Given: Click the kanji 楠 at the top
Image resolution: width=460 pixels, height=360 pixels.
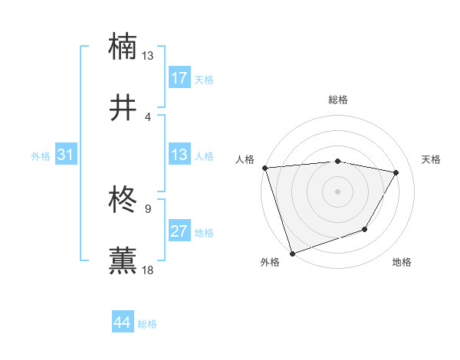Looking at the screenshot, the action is (123, 46).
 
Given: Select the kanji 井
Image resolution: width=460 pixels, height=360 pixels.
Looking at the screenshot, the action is (123, 109).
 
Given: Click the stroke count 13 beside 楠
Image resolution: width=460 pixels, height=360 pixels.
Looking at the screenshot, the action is (148, 56).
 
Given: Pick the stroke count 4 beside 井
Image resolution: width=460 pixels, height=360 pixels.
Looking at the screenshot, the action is (147, 117).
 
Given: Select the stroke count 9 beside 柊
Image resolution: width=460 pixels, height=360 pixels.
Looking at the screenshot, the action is (147, 208).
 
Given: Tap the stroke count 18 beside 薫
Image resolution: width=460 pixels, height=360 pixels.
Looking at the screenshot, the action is (148, 270).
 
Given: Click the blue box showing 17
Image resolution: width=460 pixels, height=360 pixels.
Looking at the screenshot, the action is (179, 78).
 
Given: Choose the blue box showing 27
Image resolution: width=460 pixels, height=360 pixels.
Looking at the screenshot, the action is (179, 231).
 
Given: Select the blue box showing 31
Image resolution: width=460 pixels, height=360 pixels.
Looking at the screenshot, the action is (65, 155).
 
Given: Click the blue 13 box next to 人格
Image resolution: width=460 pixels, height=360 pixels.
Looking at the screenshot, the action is (179, 155).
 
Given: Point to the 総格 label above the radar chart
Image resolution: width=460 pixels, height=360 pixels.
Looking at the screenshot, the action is (338, 100).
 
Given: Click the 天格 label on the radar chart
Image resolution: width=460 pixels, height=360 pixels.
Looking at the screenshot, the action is (432, 159).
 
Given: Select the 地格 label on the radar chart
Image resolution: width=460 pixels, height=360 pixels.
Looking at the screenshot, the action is (402, 262).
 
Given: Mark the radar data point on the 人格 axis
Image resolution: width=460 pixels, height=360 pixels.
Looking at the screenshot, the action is (264, 168).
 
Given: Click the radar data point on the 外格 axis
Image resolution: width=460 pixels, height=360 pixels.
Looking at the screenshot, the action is (292, 253).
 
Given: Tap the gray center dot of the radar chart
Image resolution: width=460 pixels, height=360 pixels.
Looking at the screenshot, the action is (337, 191).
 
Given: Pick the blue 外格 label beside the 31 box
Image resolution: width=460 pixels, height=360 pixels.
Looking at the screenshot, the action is (41, 155).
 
